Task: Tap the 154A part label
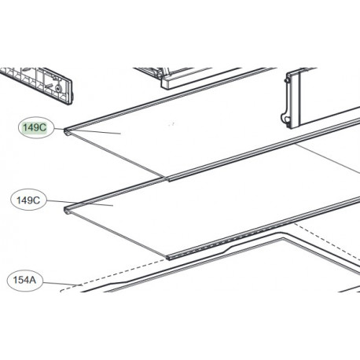(26, 279)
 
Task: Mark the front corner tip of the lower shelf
(168, 255)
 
